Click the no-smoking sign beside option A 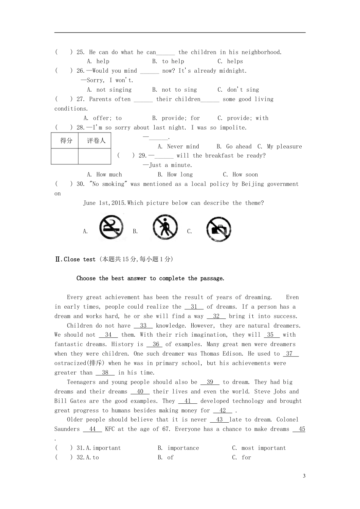coord(111,227)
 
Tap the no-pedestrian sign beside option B coord(165,227)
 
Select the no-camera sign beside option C coord(219,229)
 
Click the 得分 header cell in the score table coord(66,141)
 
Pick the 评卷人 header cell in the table coord(96,141)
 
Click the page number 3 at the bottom coord(304,476)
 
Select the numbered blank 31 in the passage coord(194,307)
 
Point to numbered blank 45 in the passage coord(302,429)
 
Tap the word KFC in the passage coord(110,429)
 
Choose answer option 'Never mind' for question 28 coord(183,147)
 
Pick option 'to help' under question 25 coord(173,61)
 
